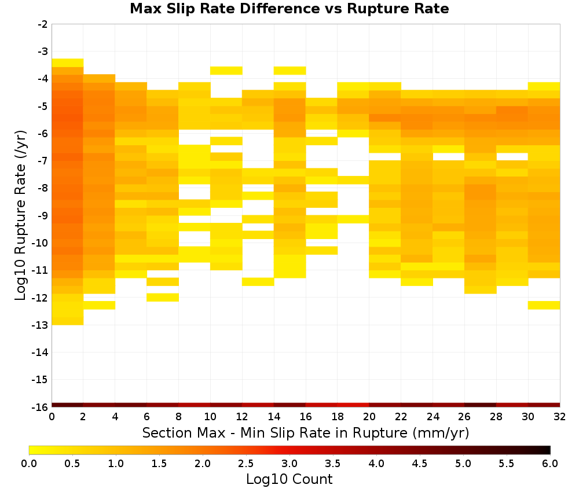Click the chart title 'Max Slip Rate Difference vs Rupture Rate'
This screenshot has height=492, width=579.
pyautogui.click(x=289, y=9)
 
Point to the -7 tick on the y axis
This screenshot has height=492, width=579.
pyautogui.click(x=43, y=160)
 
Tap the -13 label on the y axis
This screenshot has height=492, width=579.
pyautogui.click(x=41, y=325)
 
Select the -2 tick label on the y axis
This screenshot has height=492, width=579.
pyautogui.click(x=43, y=24)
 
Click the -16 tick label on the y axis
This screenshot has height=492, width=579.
pyautogui.click(x=41, y=407)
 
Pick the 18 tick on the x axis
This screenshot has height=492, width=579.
pyautogui.click(x=338, y=417)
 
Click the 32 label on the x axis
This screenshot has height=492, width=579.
pyautogui.click(x=560, y=417)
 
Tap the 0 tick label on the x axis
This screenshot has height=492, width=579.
pyautogui.click(x=52, y=417)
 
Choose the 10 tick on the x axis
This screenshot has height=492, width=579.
pyautogui.click(x=210, y=417)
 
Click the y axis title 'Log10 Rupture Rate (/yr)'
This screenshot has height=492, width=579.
pyautogui.click(x=20, y=215)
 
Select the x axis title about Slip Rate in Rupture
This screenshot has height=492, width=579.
pyautogui.click(x=306, y=432)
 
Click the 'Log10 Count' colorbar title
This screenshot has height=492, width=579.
pyautogui.click(x=289, y=479)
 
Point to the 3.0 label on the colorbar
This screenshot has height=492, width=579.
pyautogui.click(x=289, y=463)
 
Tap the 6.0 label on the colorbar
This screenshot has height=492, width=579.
pyautogui.click(x=550, y=463)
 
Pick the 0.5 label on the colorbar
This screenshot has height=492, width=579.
pyautogui.click(x=72, y=463)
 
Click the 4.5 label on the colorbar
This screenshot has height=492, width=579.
pyautogui.click(x=419, y=463)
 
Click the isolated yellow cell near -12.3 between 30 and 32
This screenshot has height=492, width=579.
pyautogui.click(x=544, y=305)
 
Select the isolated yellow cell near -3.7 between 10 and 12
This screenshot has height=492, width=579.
pyautogui.click(x=226, y=71)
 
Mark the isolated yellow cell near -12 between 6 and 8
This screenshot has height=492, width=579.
pyautogui.click(x=163, y=297)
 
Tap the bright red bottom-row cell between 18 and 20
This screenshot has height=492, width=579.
pyautogui.click(x=353, y=405)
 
